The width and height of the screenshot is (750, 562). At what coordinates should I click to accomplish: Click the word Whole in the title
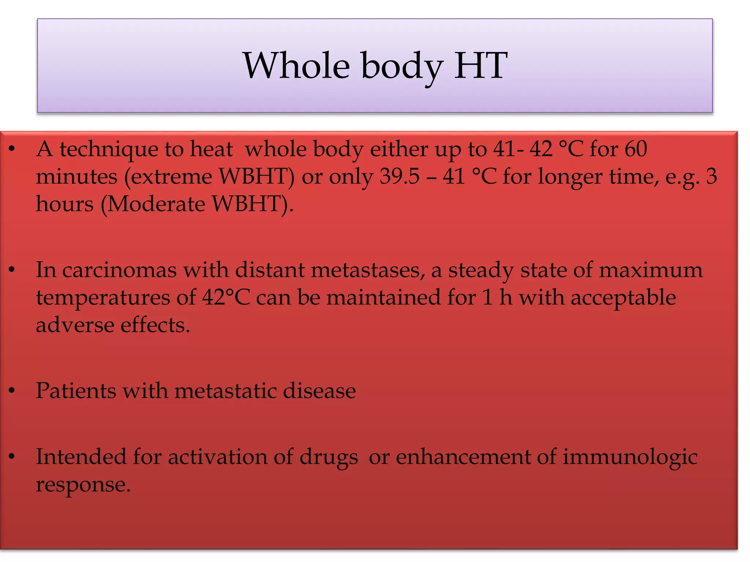(296, 66)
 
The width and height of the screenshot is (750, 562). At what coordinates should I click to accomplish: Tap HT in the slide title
(480, 66)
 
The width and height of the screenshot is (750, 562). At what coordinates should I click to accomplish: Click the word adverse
(75, 325)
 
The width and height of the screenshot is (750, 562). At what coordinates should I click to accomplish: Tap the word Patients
(76, 390)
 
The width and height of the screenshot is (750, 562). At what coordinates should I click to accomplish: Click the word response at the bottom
(83, 485)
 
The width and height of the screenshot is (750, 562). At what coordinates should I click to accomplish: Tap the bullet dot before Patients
(12, 391)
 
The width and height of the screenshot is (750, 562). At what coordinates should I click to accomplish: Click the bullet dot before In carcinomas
(12, 270)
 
